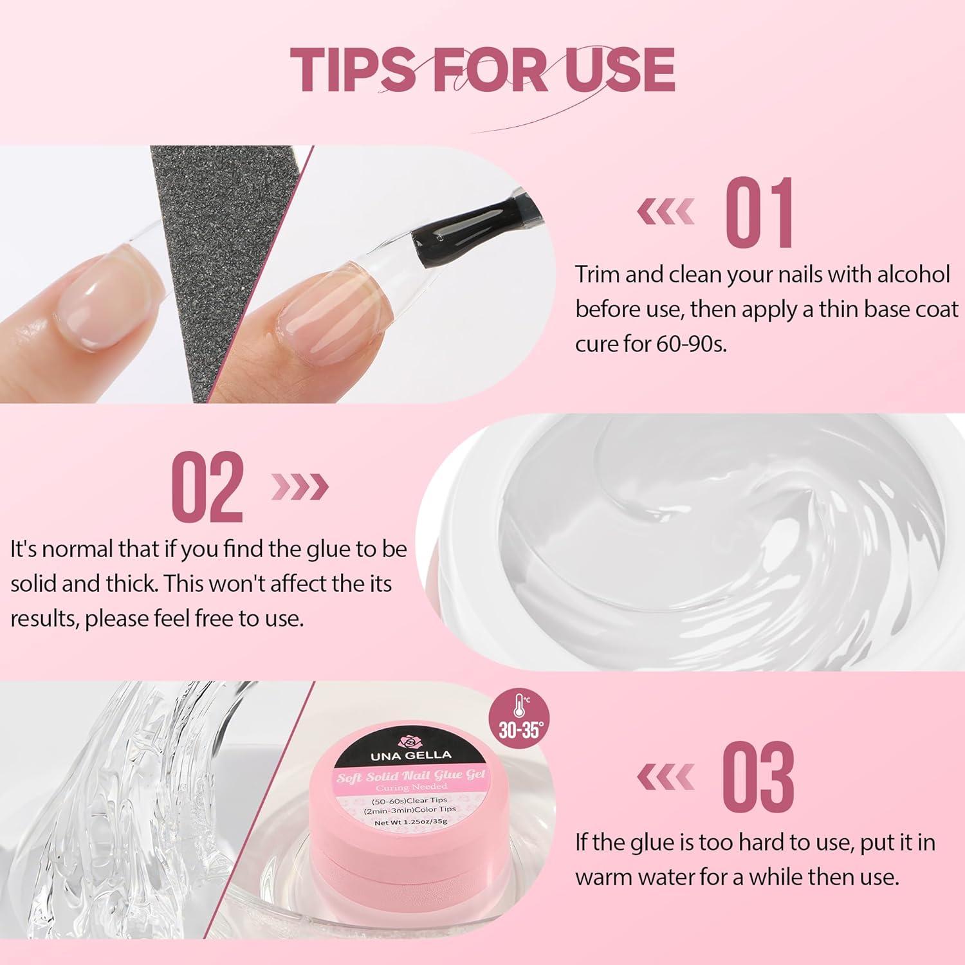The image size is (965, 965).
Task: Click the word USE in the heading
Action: tap(612, 68)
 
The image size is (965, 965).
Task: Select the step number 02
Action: tap(208, 487)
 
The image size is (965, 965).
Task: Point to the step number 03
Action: tap(758, 777)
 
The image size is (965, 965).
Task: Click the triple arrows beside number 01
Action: tap(666, 212)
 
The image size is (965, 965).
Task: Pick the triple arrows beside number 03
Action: tap(666, 778)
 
